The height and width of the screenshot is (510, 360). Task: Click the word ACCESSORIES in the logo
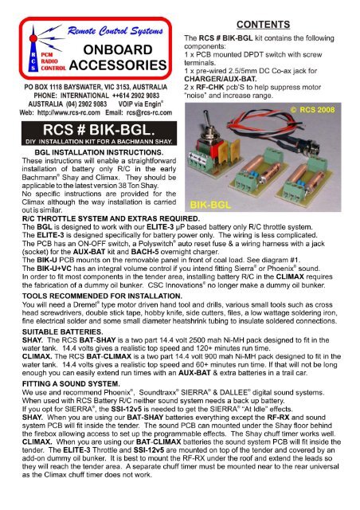coord(118,69)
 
